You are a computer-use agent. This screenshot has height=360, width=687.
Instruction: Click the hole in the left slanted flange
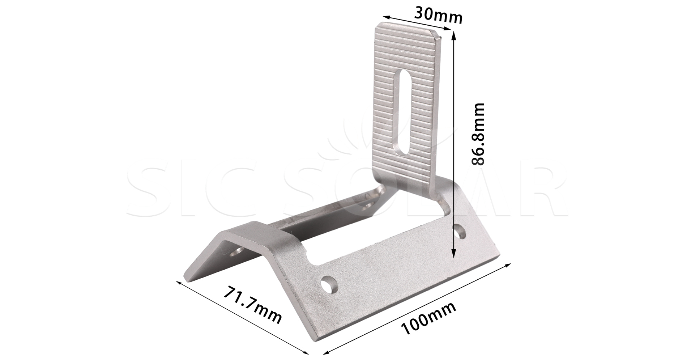(x=237, y=251)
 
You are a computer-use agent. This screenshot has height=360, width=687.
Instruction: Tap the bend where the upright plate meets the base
(x=409, y=181)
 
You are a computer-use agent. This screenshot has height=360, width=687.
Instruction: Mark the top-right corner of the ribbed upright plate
(x=440, y=36)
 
